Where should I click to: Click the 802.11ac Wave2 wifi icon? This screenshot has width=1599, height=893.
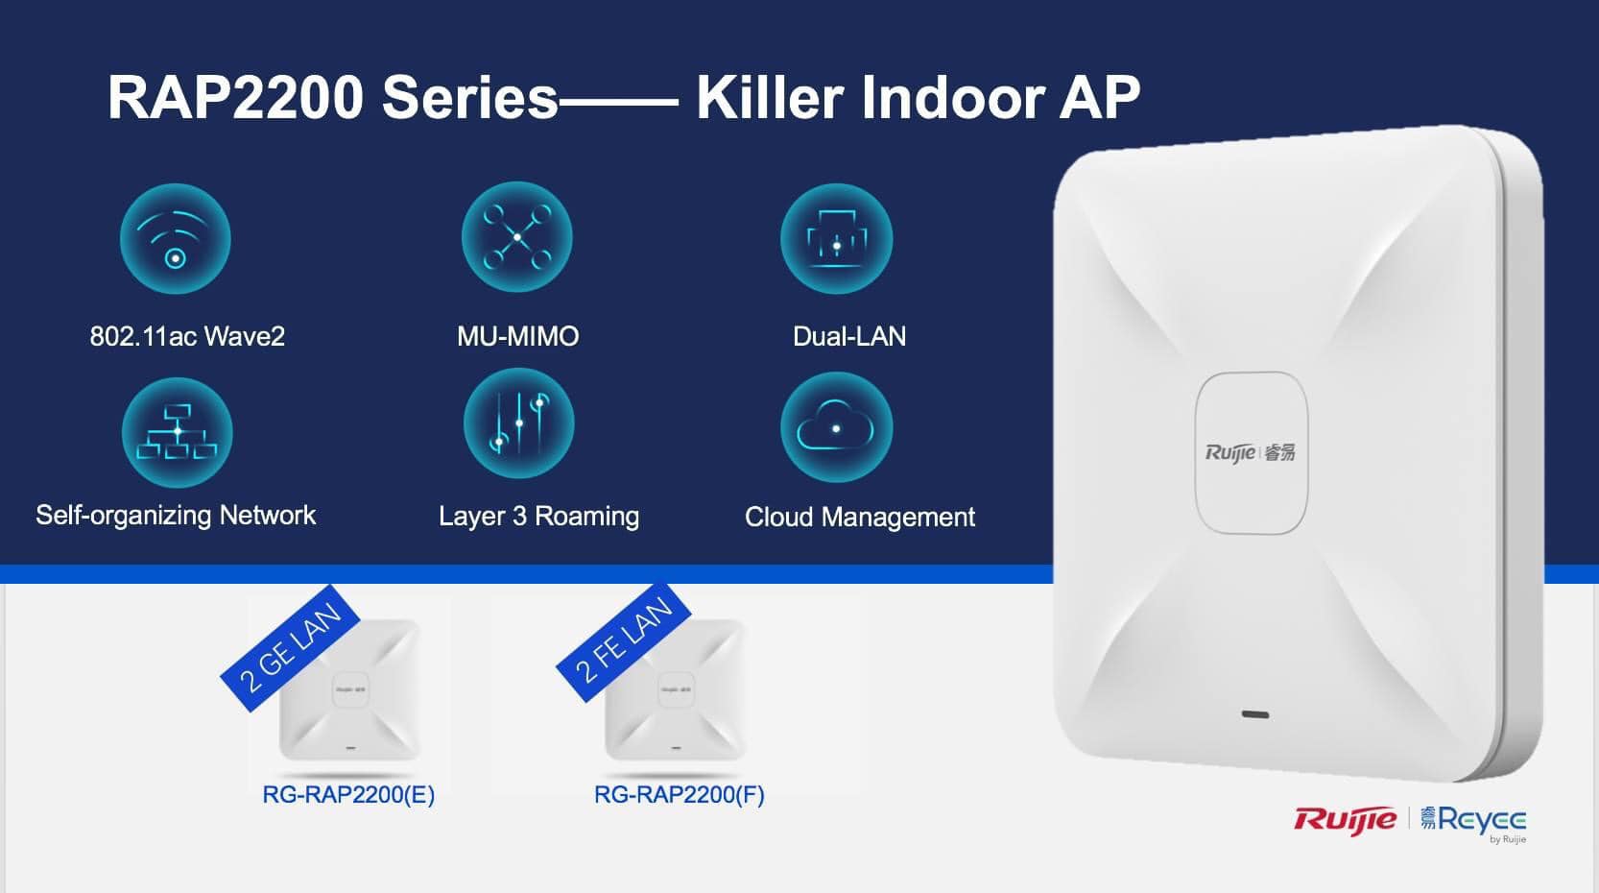(x=176, y=239)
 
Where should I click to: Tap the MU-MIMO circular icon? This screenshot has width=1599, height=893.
(x=517, y=237)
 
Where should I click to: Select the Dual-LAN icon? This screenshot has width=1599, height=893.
(x=836, y=239)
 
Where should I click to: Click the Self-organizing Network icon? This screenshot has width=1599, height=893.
(x=177, y=432)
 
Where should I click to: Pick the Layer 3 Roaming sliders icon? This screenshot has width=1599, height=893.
(x=519, y=424)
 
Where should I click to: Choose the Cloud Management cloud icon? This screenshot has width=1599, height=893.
(x=836, y=428)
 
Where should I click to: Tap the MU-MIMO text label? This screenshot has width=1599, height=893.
(x=517, y=336)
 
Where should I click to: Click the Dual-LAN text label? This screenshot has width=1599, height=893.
(x=849, y=336)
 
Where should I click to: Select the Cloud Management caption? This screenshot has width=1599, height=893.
(x=859, y=517)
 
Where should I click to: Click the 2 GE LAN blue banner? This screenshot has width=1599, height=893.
(x=290, y=648)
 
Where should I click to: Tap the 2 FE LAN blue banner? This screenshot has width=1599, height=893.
(x=624, y=640)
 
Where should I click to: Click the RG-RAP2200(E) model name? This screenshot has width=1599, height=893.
(x=348, y=795)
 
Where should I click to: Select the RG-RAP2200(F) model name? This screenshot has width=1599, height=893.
(x=680, y=795)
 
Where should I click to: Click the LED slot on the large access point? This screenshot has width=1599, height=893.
(x=1254, y=714)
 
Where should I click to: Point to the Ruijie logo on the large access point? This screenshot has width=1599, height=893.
(x=1250, y=452)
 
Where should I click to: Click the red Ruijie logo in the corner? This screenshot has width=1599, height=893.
(x=1346, y=819)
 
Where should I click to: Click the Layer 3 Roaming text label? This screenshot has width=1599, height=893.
(x=538, y=517)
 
